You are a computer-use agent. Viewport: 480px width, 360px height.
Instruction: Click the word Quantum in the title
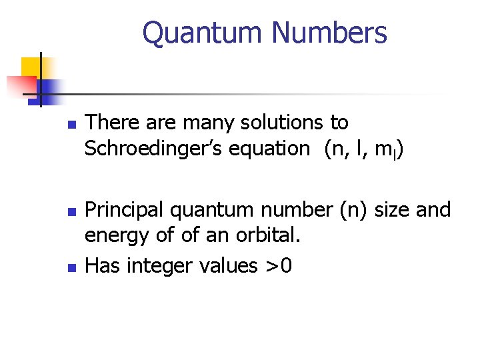189,32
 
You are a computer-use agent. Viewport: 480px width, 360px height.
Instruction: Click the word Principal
125,209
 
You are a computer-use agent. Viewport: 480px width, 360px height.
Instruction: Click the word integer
153,266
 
